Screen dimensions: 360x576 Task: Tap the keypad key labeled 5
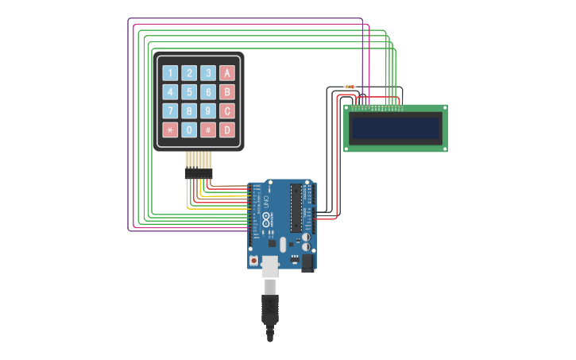[189, 92]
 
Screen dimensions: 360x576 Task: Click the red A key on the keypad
[227, 73]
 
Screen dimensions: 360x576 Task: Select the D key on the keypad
[227, 130]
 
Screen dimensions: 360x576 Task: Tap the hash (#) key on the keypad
[208, 130]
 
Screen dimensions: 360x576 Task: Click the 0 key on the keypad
[189, 130]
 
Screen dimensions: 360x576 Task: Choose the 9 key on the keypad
[208, 111]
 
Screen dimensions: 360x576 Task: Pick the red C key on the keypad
[227, 111]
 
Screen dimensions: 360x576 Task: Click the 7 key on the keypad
[170, 111]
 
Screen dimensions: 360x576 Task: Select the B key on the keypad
[227, 92]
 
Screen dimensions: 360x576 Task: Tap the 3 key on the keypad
[208, 73]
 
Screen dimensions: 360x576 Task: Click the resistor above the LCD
[350, 87]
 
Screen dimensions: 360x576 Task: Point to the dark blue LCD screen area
[396, 128]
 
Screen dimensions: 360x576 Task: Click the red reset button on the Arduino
[254, 260]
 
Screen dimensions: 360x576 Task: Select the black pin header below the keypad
[199, 173]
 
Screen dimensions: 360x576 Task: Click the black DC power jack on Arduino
[307, 262]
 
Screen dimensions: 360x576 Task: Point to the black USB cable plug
[270, 308]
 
